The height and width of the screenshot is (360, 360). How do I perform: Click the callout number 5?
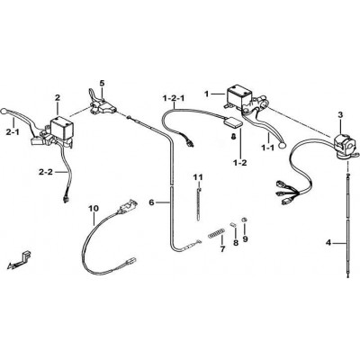[102, 83]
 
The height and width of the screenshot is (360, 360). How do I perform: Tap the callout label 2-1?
[13, 131]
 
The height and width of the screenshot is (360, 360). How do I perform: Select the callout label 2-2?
[45, 172]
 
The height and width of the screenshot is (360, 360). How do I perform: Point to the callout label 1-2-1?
[174, 98]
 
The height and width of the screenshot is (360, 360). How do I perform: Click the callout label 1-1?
[267, 148]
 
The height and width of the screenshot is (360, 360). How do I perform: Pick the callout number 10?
[94, 208]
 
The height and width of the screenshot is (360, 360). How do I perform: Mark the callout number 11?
[198, 177]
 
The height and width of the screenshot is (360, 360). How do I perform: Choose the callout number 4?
[328, 243]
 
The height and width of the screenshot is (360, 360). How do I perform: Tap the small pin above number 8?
[233, 224]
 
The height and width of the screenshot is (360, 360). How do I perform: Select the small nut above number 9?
[244, 220]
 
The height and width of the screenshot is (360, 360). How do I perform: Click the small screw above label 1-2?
[233, 137]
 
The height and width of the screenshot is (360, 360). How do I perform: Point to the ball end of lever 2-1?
[4, 111]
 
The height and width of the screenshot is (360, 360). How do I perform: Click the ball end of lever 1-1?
[282, 146]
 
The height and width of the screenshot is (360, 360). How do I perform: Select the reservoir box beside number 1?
[238, 96]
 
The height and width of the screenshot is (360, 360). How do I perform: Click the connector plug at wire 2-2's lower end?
[65, 199]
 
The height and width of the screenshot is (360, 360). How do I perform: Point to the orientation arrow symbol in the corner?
[18, 259]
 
